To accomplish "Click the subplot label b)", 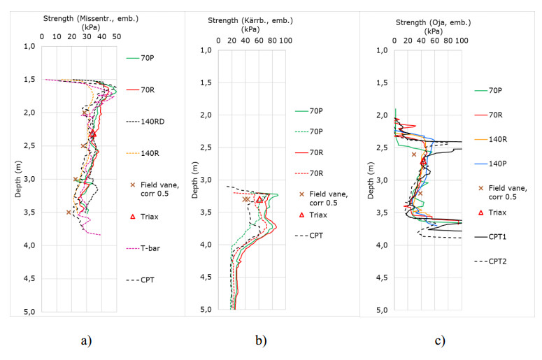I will pos(260,341).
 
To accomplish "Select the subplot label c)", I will pos(439,341).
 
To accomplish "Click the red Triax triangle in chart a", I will pos(92,132).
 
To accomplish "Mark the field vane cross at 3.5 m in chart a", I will pos(69,212).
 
